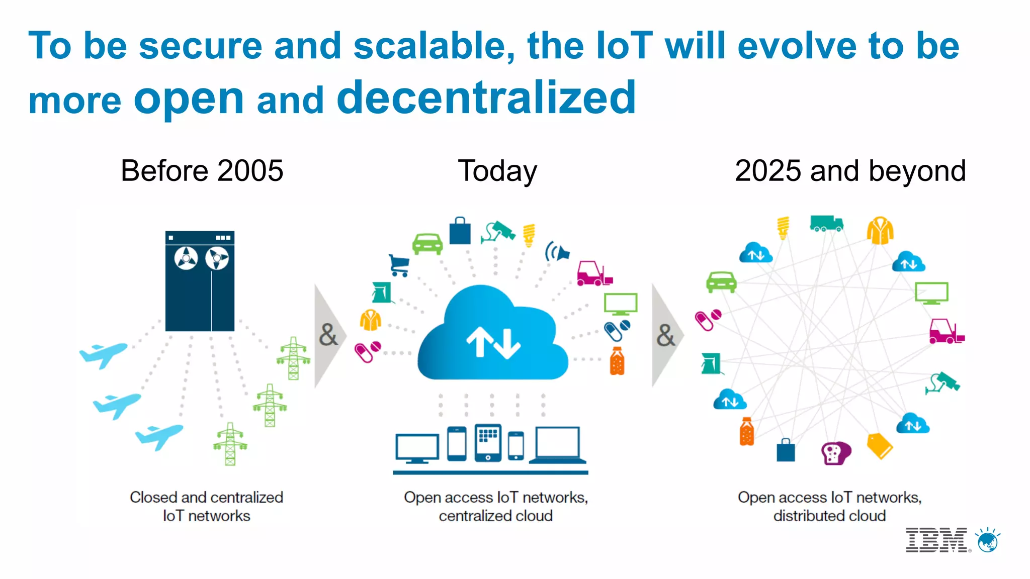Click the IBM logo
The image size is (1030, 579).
pyautogui.click(x=936, y=540)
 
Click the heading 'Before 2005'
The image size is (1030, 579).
pyautogui.click(x=202, y=171)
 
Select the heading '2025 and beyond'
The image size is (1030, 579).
pyautogui.click(x=850, y=171)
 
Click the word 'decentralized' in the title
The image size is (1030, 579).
pyautogui.click(x=486, y=98)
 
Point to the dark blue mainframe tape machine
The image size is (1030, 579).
pyautogui.click(x=200, y=281)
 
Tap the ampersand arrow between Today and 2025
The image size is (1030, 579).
pyautogui.click(x=666, y=335)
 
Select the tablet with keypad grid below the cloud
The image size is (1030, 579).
pyautogui.click(x=488, y=443)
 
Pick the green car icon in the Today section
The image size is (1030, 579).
pyautogui.click(x=427, y=243)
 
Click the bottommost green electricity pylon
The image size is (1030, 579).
pyautogui.click(x=230, y=444)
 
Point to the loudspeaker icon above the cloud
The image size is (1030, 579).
pyautogui.click(x=557, y=252)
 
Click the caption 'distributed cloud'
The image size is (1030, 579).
pyautogui.click(x=829, y=516)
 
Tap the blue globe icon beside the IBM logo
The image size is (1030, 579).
pyautogui.click(x=988, y=541)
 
